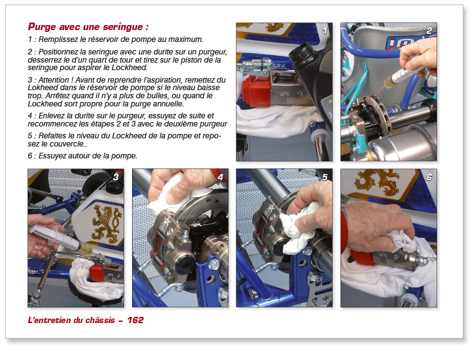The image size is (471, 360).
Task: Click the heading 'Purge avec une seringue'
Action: pyautogui.click(x=88, y=27)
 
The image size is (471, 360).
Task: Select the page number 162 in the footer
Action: pyautogui.click(x=135, y=320)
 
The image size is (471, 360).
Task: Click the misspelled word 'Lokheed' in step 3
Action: pyautogui.click(x=44, y=89)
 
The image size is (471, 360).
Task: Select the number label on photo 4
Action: pyautogui.click(x=220, y=177)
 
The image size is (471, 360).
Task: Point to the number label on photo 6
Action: pyautogui.click(x=428, y=177)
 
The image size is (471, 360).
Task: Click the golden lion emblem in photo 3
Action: pyautogui.click(x=104, y=226)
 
